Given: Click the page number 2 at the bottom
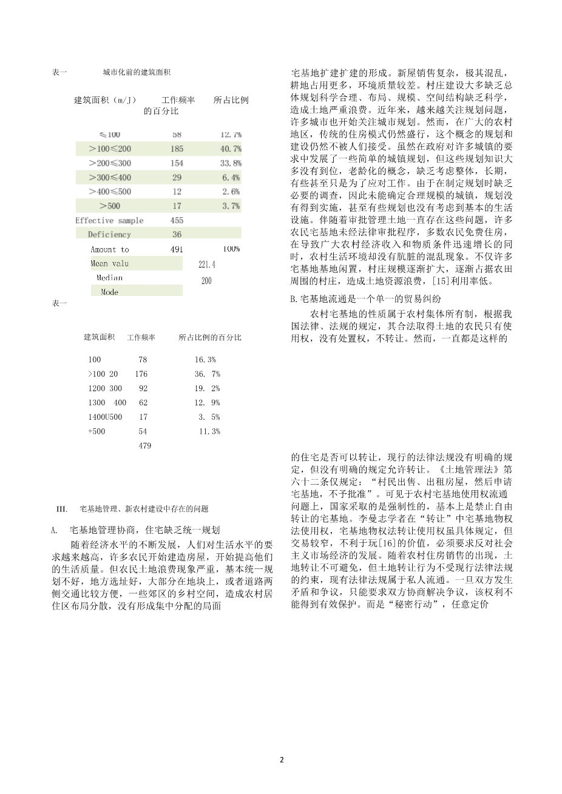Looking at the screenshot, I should click(x=282, y=759).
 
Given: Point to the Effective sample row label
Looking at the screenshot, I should click(x=109, y=220).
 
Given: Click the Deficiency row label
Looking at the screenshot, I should click(x=109, y=234).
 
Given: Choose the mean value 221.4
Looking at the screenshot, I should click(x=207, y=264).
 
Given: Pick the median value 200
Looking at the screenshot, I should click(x=206, y=281).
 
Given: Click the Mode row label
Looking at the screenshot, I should click(x=109, y=292).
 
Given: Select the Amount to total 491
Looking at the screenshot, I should click(x=177, y=249).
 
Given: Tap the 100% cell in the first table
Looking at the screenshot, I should click(x=231, y=249).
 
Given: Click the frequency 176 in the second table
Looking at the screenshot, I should click(x=141, y=374).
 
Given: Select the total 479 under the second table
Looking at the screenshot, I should click(x=144, y=445).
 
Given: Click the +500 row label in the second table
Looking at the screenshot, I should click(x=96, y=431).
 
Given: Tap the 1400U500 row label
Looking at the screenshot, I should click(x=105, y=417).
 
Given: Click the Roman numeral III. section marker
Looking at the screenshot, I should click(x=61, y=509).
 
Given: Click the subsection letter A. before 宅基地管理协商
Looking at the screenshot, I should click(x=55, y=530).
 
